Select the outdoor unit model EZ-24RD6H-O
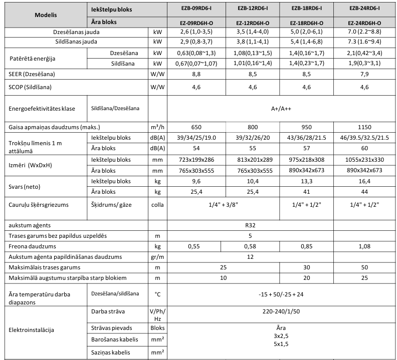pyautogui.click(x=364, y=23)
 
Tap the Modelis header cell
pyautogui.click(x=46, y=15)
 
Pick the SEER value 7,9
pyautogui.click(x=364, y=74)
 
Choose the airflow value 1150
pyautogui.click(x=364, y=127)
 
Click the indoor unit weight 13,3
pyautogui.click(x=307, y=181)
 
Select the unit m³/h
pyautogui.click(x=157, y=127)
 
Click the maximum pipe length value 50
pyautogui.click(x=364, y=268)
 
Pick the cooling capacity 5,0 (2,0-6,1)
pyautogui.click(x=307, y=32)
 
